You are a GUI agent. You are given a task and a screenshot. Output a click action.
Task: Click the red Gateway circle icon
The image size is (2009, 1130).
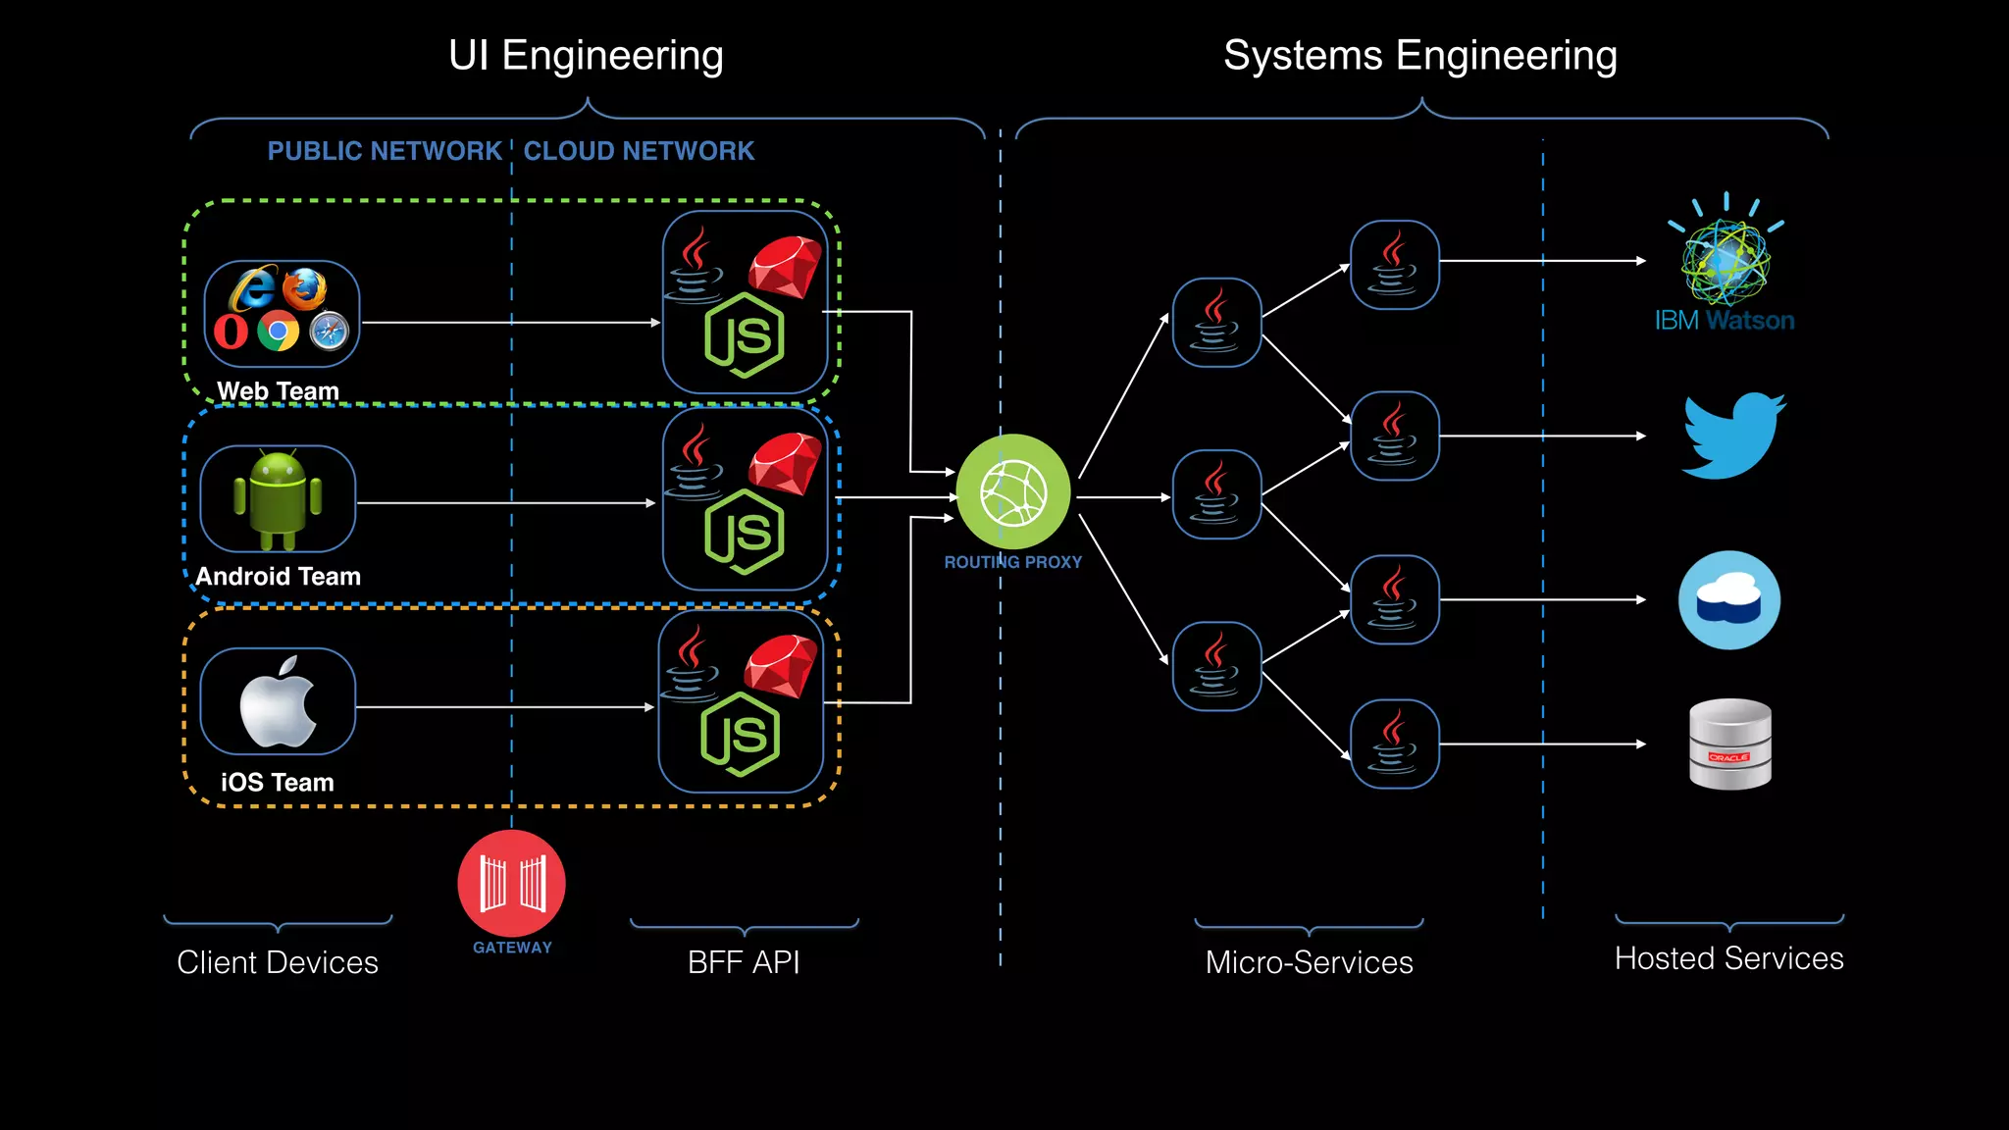tap(511, 883)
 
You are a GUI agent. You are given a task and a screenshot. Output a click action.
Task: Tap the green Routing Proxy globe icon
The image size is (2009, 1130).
tap(1013, 491)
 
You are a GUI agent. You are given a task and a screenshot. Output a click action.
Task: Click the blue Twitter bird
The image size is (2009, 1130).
tap(1733, 436)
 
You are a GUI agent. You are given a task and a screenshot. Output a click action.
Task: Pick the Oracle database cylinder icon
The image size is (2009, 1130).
tap(1729, 744)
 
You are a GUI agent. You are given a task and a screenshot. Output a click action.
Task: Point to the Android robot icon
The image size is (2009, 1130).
tap(278, 499)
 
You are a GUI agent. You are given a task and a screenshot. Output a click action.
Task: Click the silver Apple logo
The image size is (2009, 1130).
tap(278, 702)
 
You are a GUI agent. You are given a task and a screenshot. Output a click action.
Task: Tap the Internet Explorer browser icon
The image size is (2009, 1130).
tap(253, 288)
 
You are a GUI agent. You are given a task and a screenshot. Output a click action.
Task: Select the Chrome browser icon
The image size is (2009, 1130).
tap(279, 332)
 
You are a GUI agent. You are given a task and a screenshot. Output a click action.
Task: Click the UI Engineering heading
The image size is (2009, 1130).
tap(586, 55)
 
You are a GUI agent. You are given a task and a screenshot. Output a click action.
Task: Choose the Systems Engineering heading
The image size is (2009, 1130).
tap(1419, 55)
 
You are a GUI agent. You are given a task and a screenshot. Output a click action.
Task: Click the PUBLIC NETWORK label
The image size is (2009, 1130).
tap(385, 151)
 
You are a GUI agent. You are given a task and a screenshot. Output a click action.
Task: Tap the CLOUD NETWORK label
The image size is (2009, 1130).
tap(639, 151)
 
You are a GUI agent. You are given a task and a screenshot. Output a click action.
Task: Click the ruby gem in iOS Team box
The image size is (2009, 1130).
tap(781, 665)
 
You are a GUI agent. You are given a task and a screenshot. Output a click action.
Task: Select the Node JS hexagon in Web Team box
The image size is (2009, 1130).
tap(745, 335)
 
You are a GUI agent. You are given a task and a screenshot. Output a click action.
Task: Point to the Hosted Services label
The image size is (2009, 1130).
tap(1728, 958)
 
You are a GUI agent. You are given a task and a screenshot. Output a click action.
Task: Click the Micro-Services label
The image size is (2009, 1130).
tap(1309, 962)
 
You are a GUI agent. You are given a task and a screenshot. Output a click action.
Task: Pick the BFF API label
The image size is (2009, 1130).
tap(744, 962)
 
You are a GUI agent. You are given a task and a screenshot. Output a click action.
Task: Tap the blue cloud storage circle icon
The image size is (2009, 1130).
tap(1729, 600)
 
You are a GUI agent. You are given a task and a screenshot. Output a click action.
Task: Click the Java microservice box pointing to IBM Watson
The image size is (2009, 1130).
tap(1394, 265)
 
